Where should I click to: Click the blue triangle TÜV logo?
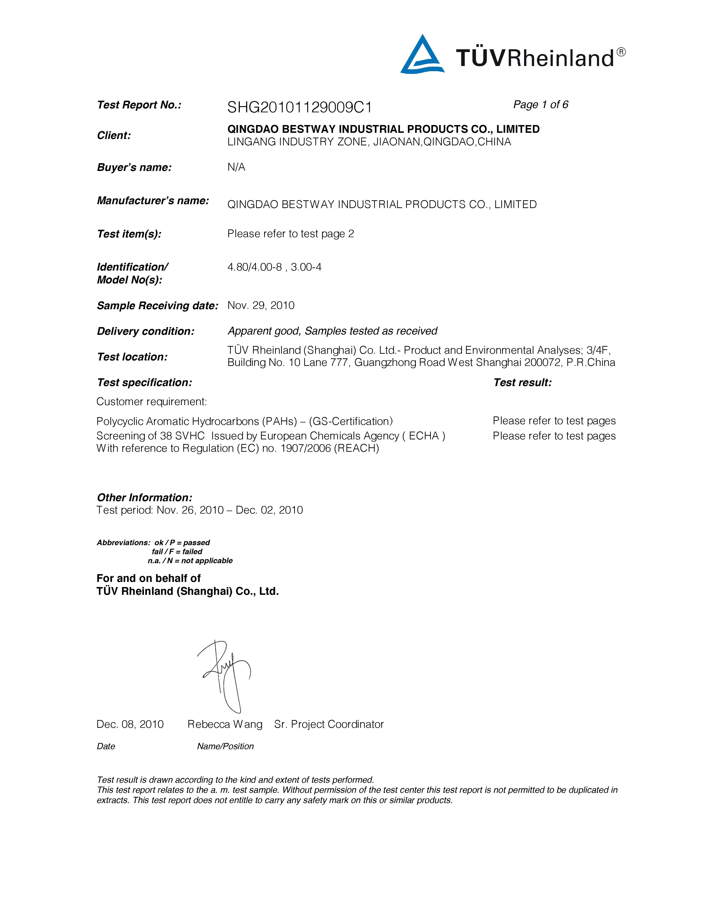(x=422, y=55)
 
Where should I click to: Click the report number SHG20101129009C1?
(x=299, y=108)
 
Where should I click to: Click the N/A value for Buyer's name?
(x=236, y=167)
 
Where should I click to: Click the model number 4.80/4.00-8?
(x=254, y=267)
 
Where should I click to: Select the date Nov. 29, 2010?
(x=260, y=305)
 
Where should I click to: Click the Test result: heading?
(x=522, y=383)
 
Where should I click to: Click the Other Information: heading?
(x=144, y=498)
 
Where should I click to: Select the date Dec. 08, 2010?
(x=130, y=724)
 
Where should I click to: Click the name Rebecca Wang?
(x=225, y=724)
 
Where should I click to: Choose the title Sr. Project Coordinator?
(x=329, y=724)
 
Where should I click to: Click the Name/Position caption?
(x=225, y=746)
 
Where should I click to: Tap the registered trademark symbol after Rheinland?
(x=622, y=52)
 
